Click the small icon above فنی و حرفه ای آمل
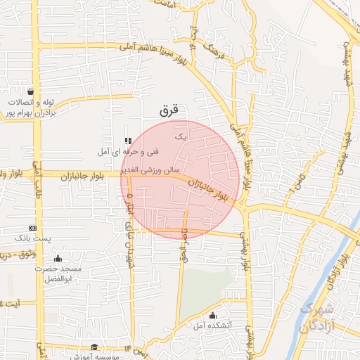coord(127,141)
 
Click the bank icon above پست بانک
coord(32,228)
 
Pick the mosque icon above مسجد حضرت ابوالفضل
coord(58,258)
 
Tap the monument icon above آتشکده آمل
coord(213,314)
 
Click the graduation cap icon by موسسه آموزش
coord(94,347)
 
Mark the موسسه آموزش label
coord(91,356)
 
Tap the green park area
coord(211,281)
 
